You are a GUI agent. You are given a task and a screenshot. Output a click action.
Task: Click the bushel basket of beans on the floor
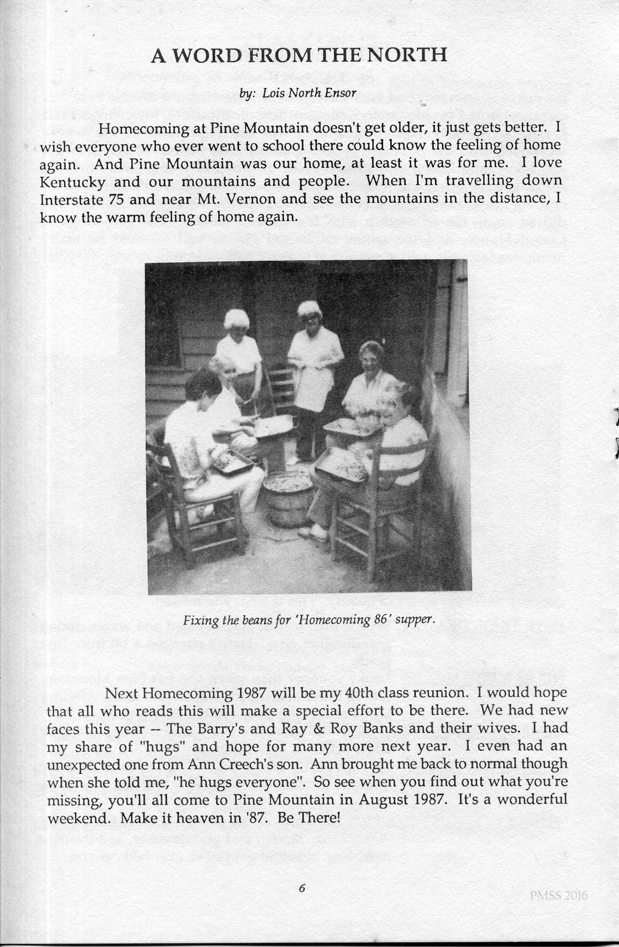pos(288,498)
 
